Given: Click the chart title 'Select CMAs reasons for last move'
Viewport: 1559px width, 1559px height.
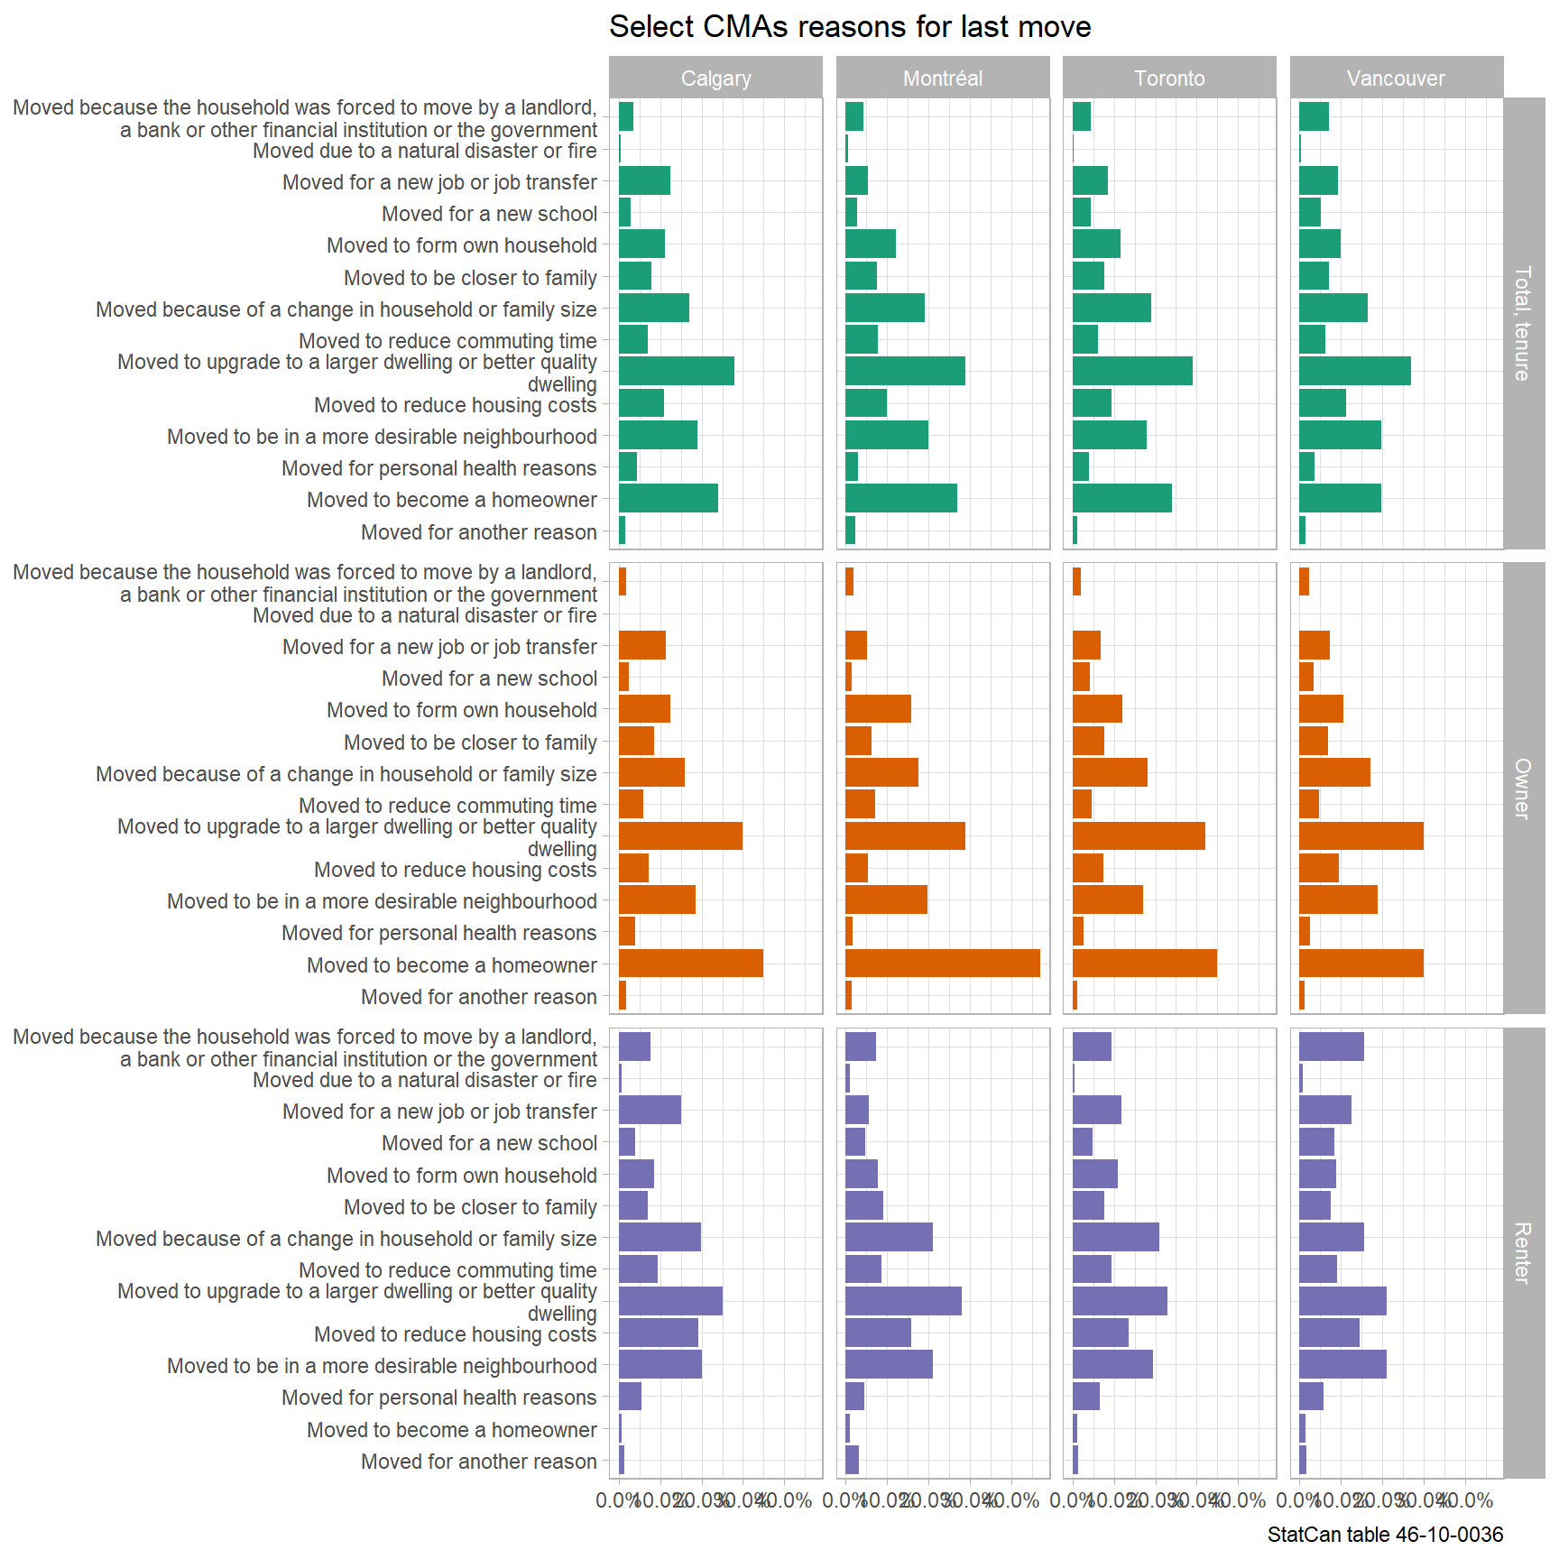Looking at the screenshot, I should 850,27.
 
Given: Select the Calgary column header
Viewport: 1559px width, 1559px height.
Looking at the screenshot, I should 715,78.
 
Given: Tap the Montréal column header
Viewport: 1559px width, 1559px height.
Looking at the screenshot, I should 943,78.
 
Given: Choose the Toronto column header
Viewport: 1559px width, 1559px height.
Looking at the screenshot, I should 1169,78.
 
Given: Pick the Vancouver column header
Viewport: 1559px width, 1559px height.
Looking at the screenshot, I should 1396,78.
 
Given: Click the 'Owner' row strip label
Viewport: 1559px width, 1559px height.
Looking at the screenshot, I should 1523,789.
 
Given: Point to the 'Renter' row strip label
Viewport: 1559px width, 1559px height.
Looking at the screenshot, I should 1523,1253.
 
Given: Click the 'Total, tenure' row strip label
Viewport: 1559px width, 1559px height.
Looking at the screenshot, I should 1523,323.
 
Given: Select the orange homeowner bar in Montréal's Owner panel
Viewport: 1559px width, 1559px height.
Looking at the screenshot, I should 943,964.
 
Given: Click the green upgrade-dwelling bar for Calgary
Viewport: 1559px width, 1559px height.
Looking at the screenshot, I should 677,371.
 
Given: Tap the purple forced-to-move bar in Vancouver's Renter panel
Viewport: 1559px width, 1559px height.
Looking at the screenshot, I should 1332,1047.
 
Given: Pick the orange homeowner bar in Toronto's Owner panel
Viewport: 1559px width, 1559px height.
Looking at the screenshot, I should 1144,964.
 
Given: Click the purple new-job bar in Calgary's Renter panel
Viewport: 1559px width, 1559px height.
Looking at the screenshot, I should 650,1110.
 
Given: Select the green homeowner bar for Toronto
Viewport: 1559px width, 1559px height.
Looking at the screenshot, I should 1121,498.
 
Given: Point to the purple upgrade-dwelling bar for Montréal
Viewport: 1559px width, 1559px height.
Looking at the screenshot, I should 903,1301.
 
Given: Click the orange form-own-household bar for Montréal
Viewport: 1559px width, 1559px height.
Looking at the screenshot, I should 878,709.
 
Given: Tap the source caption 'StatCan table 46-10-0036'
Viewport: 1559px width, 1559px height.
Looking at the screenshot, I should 1385,1535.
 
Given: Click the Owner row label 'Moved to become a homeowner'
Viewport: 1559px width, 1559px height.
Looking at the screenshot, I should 452,965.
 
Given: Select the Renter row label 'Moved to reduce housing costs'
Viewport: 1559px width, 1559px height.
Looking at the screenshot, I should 456,1334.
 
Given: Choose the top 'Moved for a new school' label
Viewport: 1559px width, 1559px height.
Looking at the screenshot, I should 489,214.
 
